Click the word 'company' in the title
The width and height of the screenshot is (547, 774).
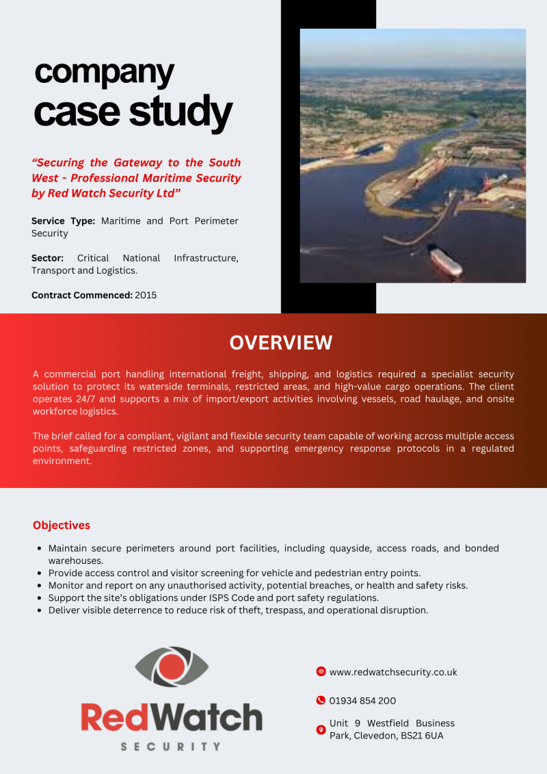[104, 73]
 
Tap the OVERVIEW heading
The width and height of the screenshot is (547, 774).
[281, 343]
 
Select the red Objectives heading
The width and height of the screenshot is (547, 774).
[62, 526]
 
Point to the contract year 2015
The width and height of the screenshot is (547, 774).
[146, 295]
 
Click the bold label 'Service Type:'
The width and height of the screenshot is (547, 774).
[63, 221]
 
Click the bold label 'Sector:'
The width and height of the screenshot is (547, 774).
[47, 258]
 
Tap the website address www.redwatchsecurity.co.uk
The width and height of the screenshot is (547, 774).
[393, 672]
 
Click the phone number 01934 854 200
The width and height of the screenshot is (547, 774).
[362, 701]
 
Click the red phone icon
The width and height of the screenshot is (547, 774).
[321, 700]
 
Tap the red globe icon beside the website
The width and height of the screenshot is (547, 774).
[321, 671]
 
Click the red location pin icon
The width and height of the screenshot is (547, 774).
[321, 730]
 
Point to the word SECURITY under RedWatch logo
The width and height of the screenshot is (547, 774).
[171, 747]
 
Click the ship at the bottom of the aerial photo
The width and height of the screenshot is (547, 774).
[445, 262]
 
